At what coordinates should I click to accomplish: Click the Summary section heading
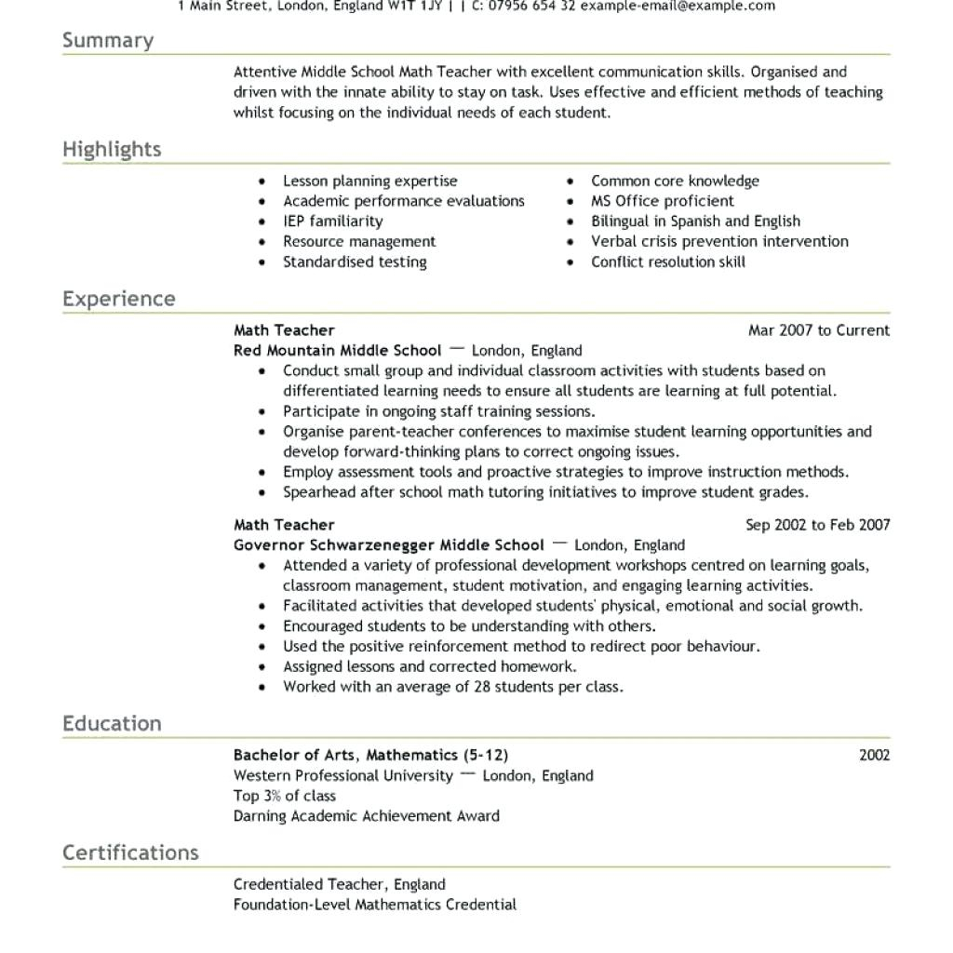click(x=108, y=40)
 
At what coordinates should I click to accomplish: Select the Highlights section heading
click(x=112, y=149)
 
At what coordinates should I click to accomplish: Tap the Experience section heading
click(x=118, y=299)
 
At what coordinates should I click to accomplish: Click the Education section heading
click(x=112, y=723)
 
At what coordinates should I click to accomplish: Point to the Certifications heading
click(x=130, y=852)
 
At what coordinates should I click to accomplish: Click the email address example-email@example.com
click(x=678, y=7)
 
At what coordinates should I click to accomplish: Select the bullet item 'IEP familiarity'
click(x=332, y=221)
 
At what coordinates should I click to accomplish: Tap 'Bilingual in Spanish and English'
click(x=695, y=221)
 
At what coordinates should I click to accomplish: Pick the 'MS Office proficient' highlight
click(x=662, y=201)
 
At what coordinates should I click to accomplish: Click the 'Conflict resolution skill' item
click(x=667, y=262)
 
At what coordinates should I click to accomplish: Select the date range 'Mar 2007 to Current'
click(x=818, y=330)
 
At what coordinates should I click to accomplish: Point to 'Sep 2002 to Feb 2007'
click(x=817, y=525)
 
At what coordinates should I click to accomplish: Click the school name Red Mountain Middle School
click(x=337, y=351)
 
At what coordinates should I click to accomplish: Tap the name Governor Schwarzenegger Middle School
click(x=388, y=545)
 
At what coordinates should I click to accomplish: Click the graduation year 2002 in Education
click(x=874, y=755)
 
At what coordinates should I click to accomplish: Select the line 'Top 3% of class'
click(x=284, y=796)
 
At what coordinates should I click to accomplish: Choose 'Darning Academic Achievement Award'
click(x=366, y=816)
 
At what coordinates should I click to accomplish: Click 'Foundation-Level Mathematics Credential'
click(x=374, y=905)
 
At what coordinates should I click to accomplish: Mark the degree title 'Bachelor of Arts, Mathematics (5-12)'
click(x=370, y=755)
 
